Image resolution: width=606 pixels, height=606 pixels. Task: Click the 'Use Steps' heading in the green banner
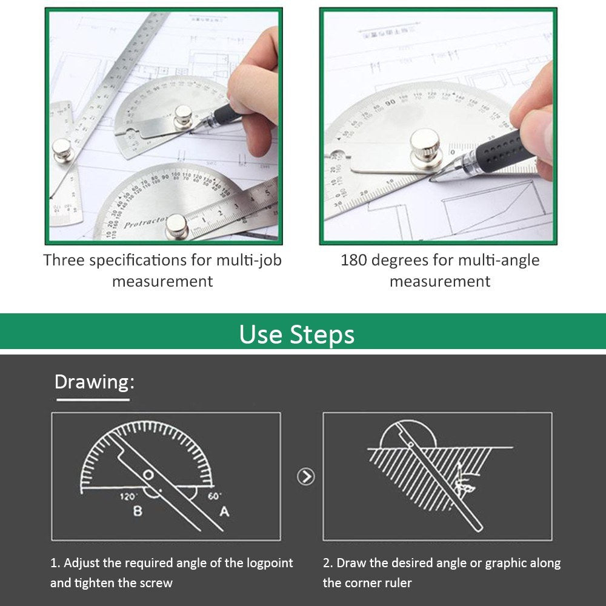click(x=296, y=334)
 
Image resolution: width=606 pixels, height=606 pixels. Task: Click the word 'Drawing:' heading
click(x=94, y=382)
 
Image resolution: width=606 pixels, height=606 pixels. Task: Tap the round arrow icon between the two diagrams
click(x=306, y=477)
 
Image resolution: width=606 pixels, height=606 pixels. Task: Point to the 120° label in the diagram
click(x=128, y=496)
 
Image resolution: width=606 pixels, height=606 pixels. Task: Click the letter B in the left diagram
click(x=138, y=511)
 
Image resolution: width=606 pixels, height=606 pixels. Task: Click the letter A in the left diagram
click(x=224, y=512)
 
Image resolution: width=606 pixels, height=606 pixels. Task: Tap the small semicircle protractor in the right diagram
click(x=407, y=434)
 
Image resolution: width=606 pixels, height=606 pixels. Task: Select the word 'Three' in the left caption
click(x=64, y=261)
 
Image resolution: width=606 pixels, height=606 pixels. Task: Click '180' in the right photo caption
click(x=353, y=261)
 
